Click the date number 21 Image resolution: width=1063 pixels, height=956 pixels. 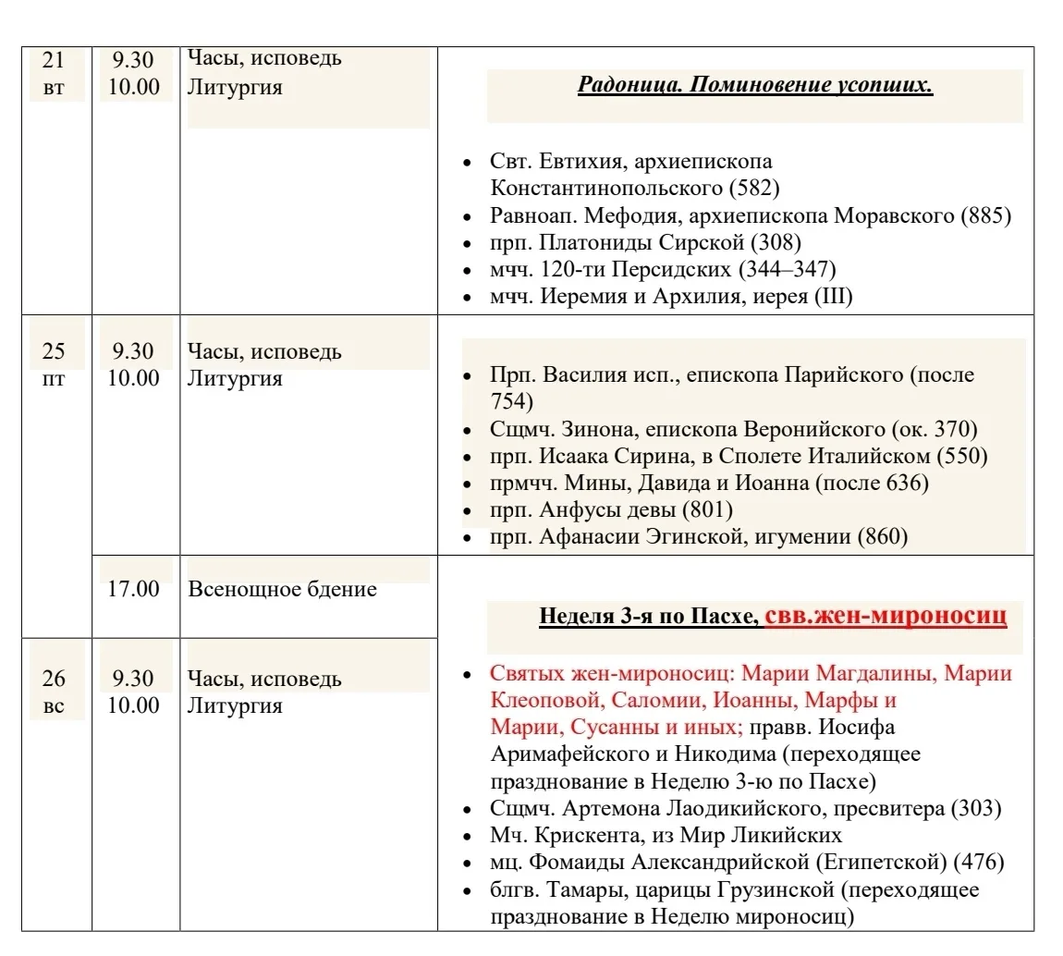[x=55, y=61]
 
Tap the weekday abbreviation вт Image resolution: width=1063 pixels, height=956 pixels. [x=55, y=89]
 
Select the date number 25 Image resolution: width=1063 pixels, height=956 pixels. [x=55, y=351]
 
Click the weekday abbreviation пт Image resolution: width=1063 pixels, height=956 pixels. [x=55, y=378]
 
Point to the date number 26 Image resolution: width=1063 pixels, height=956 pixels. [x=55, y=679]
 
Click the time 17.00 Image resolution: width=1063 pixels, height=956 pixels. [x=133, y=589]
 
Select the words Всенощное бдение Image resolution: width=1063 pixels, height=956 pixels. [x=282, y=589]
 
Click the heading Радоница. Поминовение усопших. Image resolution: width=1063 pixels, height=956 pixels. [x=754, y=87]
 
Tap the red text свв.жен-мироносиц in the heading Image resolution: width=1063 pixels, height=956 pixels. [x=886, y=615]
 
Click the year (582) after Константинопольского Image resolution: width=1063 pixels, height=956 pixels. [x=754, y=189]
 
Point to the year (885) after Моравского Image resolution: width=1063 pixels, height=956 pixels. [x=986, y=216]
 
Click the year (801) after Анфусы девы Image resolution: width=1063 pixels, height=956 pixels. [x=707, y=510]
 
